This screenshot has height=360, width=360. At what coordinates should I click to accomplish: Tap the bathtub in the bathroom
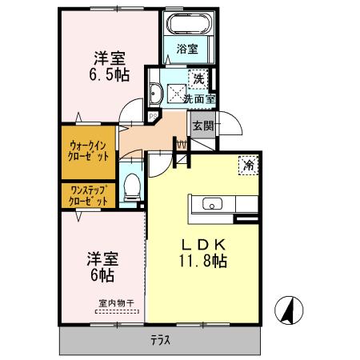point(190,23)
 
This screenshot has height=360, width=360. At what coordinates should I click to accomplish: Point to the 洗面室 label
point(198,100)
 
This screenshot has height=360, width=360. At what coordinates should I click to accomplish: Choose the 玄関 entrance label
point(201,125)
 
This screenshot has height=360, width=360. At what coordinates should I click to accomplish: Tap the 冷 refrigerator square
point(249,166)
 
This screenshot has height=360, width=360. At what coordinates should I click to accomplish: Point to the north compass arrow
point(288,309)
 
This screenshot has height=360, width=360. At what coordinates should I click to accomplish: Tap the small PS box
point(152,115)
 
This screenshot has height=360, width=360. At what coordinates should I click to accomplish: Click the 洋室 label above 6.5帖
point(110,58)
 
